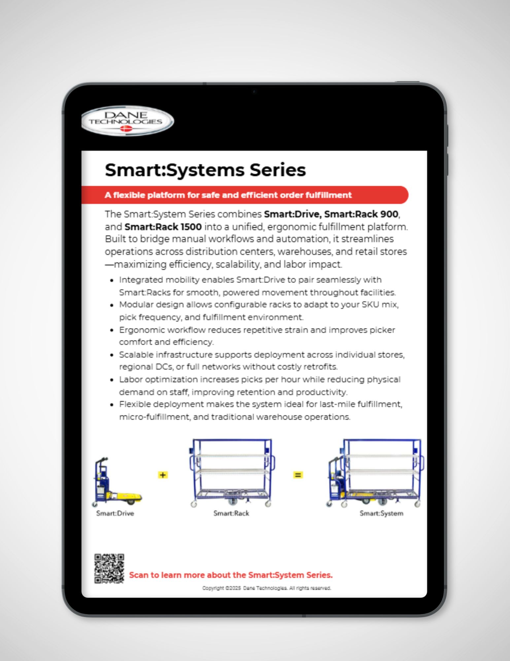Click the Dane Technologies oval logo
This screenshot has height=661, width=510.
click(127, 121)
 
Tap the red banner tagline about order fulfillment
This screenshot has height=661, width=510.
click(228, 195)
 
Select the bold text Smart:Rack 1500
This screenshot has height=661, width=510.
click(163, 227)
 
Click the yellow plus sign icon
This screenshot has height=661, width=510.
click(163, 475)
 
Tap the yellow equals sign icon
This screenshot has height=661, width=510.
click(298, 475)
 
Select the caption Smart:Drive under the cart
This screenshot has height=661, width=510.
click(115, 513)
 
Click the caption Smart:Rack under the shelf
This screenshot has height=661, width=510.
click(231, 513)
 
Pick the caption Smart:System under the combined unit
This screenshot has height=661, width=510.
click(381, 513)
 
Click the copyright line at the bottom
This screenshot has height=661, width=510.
click(266, 588)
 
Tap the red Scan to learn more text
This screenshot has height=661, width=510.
click(230, 575)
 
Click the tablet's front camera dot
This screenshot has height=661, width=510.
click(254, 92)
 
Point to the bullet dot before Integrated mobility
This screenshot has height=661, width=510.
click(112, 280)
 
